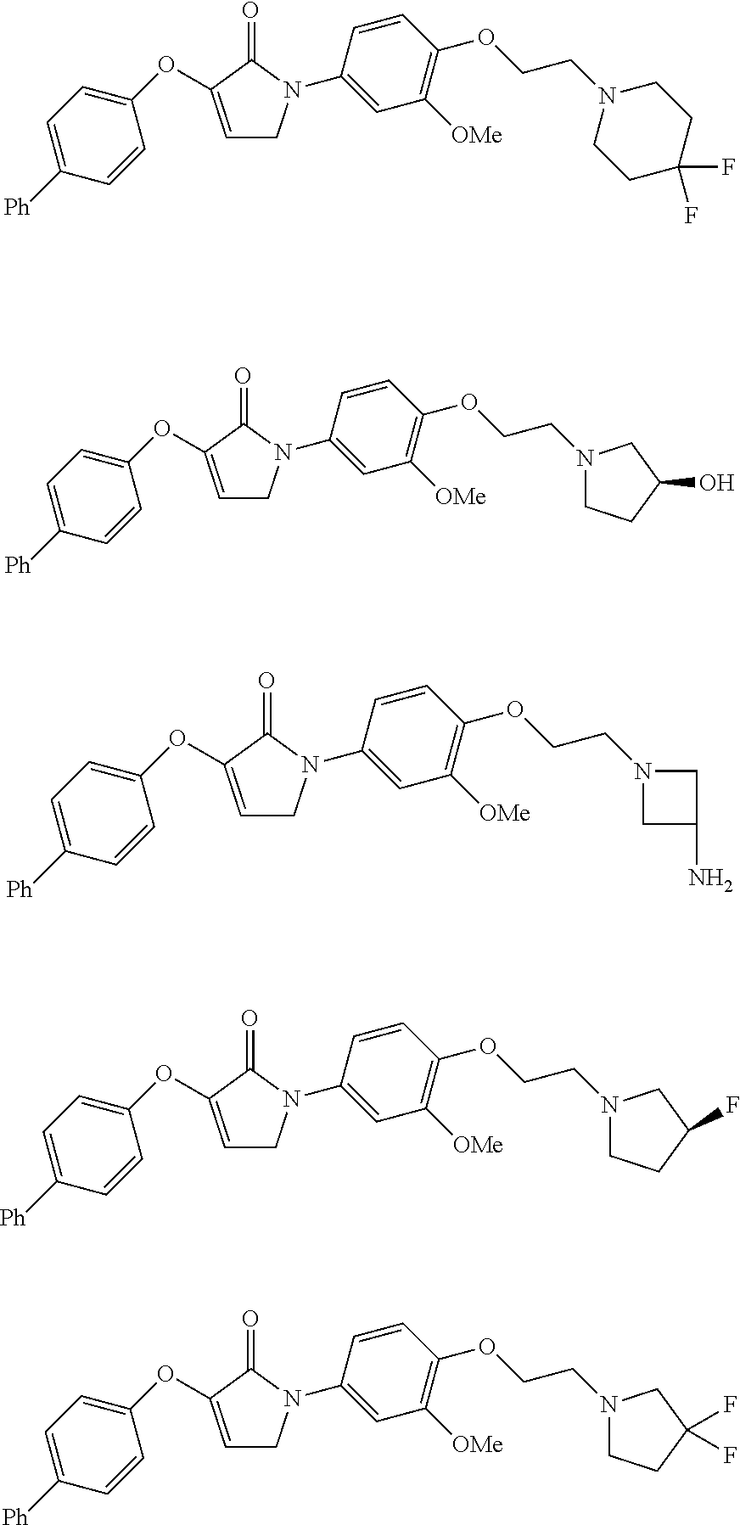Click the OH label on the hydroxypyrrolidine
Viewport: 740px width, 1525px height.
coord(716,485)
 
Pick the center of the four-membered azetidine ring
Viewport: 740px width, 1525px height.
coord(670,798)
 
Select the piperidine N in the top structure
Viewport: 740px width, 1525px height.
coord(606,96)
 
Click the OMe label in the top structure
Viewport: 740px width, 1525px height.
coord(476,135)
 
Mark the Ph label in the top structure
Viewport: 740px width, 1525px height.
coord(17,206)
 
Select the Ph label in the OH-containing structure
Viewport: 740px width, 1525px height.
coord(17,564)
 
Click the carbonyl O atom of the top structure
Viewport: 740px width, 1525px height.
coord(249,11)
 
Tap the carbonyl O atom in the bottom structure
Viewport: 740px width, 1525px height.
coord(249,1319)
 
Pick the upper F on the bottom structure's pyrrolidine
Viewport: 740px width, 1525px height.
coord(730,1405)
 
